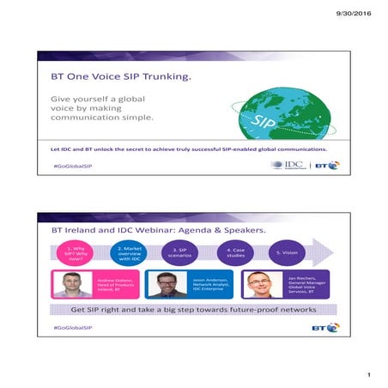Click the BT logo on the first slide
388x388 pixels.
click(x=328, y=164)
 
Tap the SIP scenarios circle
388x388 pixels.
click(x=177, y=253)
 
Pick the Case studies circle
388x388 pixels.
click(x=234, y=253)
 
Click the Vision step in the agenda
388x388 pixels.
click(x=285, y=253)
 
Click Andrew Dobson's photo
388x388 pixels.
click(x=74, y=284)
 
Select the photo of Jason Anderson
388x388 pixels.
click(x=167, y=284)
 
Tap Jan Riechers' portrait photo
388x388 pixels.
click(x=260, y=284)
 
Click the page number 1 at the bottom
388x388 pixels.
click(x=367, y=375)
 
